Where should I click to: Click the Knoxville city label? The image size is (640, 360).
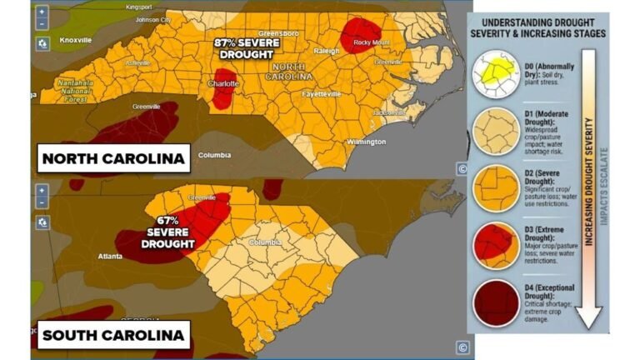(75, 39)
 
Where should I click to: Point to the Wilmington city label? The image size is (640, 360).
(366, 141)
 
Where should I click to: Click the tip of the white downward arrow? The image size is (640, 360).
(590, 324)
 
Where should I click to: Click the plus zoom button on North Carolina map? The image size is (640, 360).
(42, 12)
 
